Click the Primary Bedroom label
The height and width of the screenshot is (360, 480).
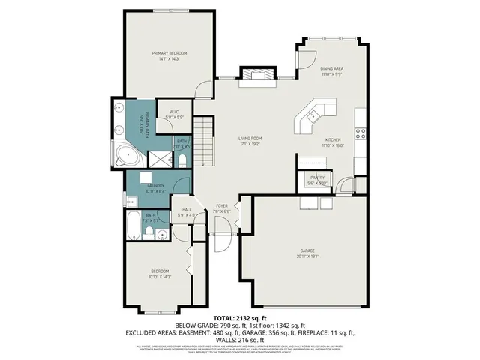coord(169,53)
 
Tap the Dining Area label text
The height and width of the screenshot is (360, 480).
coord(331,68)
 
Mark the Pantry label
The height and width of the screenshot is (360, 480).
coord(317,177)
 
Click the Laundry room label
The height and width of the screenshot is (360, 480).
coord(155,185)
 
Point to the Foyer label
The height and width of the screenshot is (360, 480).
coord(222,205)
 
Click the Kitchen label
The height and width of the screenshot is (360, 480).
coord(333,140)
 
